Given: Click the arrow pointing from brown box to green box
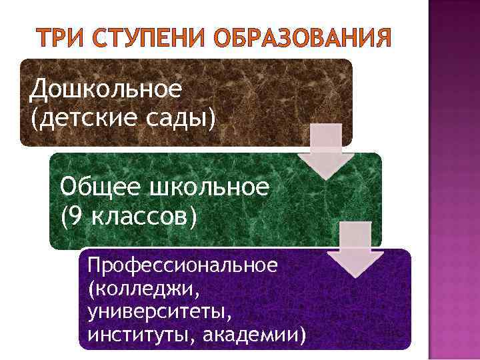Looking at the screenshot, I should coord(324,152).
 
